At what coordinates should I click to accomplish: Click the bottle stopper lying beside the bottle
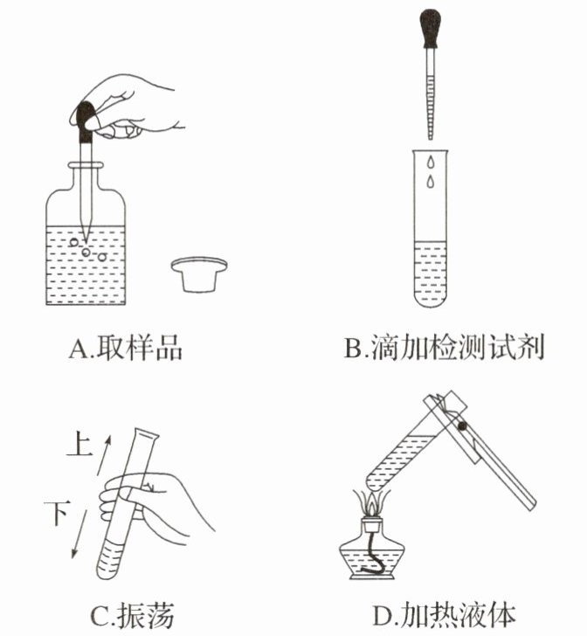click(x=199, y=273)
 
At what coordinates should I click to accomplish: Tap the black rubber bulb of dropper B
click(x=431, y=28)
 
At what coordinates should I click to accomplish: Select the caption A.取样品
click(x=126, y=347)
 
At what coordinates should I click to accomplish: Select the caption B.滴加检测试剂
click(x=444, y=347)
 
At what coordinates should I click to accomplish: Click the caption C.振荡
click(x=133, y=615)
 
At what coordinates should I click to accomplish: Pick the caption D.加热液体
click(x=444, y=615)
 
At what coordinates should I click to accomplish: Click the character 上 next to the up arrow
click(x=79, y=443)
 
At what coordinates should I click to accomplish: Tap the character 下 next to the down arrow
click(x=58, y=513)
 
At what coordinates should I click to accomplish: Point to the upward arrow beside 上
click(x=103, y=455)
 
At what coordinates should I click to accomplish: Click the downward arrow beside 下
click(x=79, y=534)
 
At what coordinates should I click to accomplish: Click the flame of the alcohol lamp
click(x=371, y=504)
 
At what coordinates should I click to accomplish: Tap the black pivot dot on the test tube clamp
click(x=461, y=426)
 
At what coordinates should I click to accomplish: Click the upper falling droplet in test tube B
click(x=430, y=162)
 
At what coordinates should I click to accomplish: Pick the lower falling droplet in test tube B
click(x=430, y=182)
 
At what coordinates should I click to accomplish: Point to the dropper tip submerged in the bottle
click(x=86, y=234)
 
